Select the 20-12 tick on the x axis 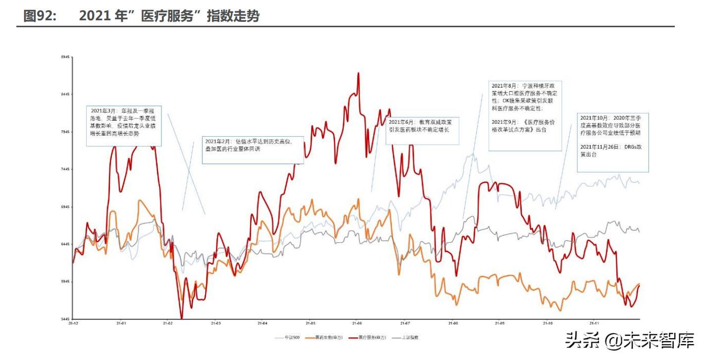[x=73, y=324]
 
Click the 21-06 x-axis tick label [x=356, y=324]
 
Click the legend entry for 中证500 [x=288, y=338]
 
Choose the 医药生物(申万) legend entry [x=329, y=338]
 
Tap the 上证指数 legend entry [x=409, y=338]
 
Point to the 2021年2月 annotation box [x=253, y=150]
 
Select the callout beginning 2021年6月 [x=423, y=130]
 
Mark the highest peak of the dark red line [x=358, y=73]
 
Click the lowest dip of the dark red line [x=181, y=318]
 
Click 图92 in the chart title [x=40, y=16]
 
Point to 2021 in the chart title [x=94, y=16]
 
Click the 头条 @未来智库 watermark [x=629, y=340]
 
